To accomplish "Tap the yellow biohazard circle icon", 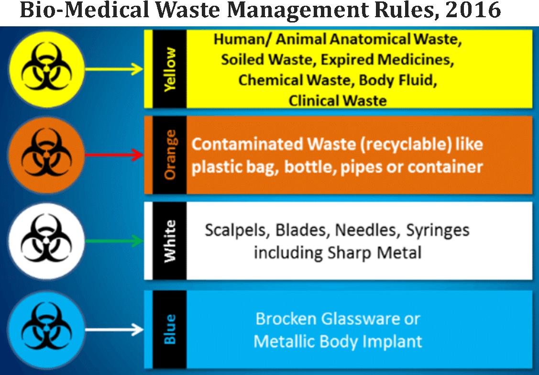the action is (x=47, y=69).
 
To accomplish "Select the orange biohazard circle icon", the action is (x=47, y=155).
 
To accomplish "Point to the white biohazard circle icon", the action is (x=47, y=241).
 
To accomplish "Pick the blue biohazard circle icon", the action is (x=47, y=330).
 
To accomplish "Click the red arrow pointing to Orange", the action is (x=114, y=155).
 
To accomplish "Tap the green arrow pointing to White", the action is (x=114, y=241).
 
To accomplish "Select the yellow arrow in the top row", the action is (x=114, y=69).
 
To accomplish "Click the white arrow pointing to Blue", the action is (x=114, y=330).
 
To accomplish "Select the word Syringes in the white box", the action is (x=438, y=231).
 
